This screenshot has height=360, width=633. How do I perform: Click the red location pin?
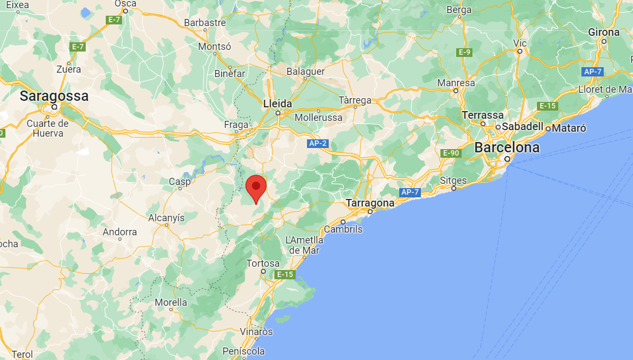pyautogui.click(x=255, y=188)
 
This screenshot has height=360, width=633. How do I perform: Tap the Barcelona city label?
pyautogui.click(x=507, y=147)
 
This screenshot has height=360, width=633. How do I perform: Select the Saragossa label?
pyautogui.click(x=54, y=97)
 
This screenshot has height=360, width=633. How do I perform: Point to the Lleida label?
pyautogui.click(x=277, y=104)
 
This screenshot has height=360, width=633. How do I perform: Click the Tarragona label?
pyautogui.click(x=370, y=203)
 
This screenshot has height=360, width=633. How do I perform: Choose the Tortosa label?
pyautogui.click(x=263, y=263)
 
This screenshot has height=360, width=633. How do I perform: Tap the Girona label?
pyautogui.click(x=604, y=33)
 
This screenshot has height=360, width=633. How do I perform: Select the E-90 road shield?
pyautogui.click(x=451, y=153)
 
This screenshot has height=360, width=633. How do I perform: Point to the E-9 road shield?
pyautogui.click(x=464, y=52)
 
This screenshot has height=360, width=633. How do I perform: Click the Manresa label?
pyautogui.click(x=456, y=83)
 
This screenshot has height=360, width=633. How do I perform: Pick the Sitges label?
pyautogui.click(x=453, y=181)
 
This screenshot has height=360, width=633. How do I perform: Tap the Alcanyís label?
pyautogui.click(x=167, y=218)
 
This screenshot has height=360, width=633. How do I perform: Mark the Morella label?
pyautogui.click(x=171, y=302)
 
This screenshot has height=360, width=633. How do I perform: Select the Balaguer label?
pyautogui.click(x=305, y=72)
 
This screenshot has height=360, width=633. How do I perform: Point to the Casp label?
pyautogui.click(x=180, y=182)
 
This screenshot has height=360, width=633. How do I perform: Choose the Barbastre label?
pyautogui.click(x=205, y=23)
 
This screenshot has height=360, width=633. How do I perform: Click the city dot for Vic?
pyautogui.click(x=520, y=51)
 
